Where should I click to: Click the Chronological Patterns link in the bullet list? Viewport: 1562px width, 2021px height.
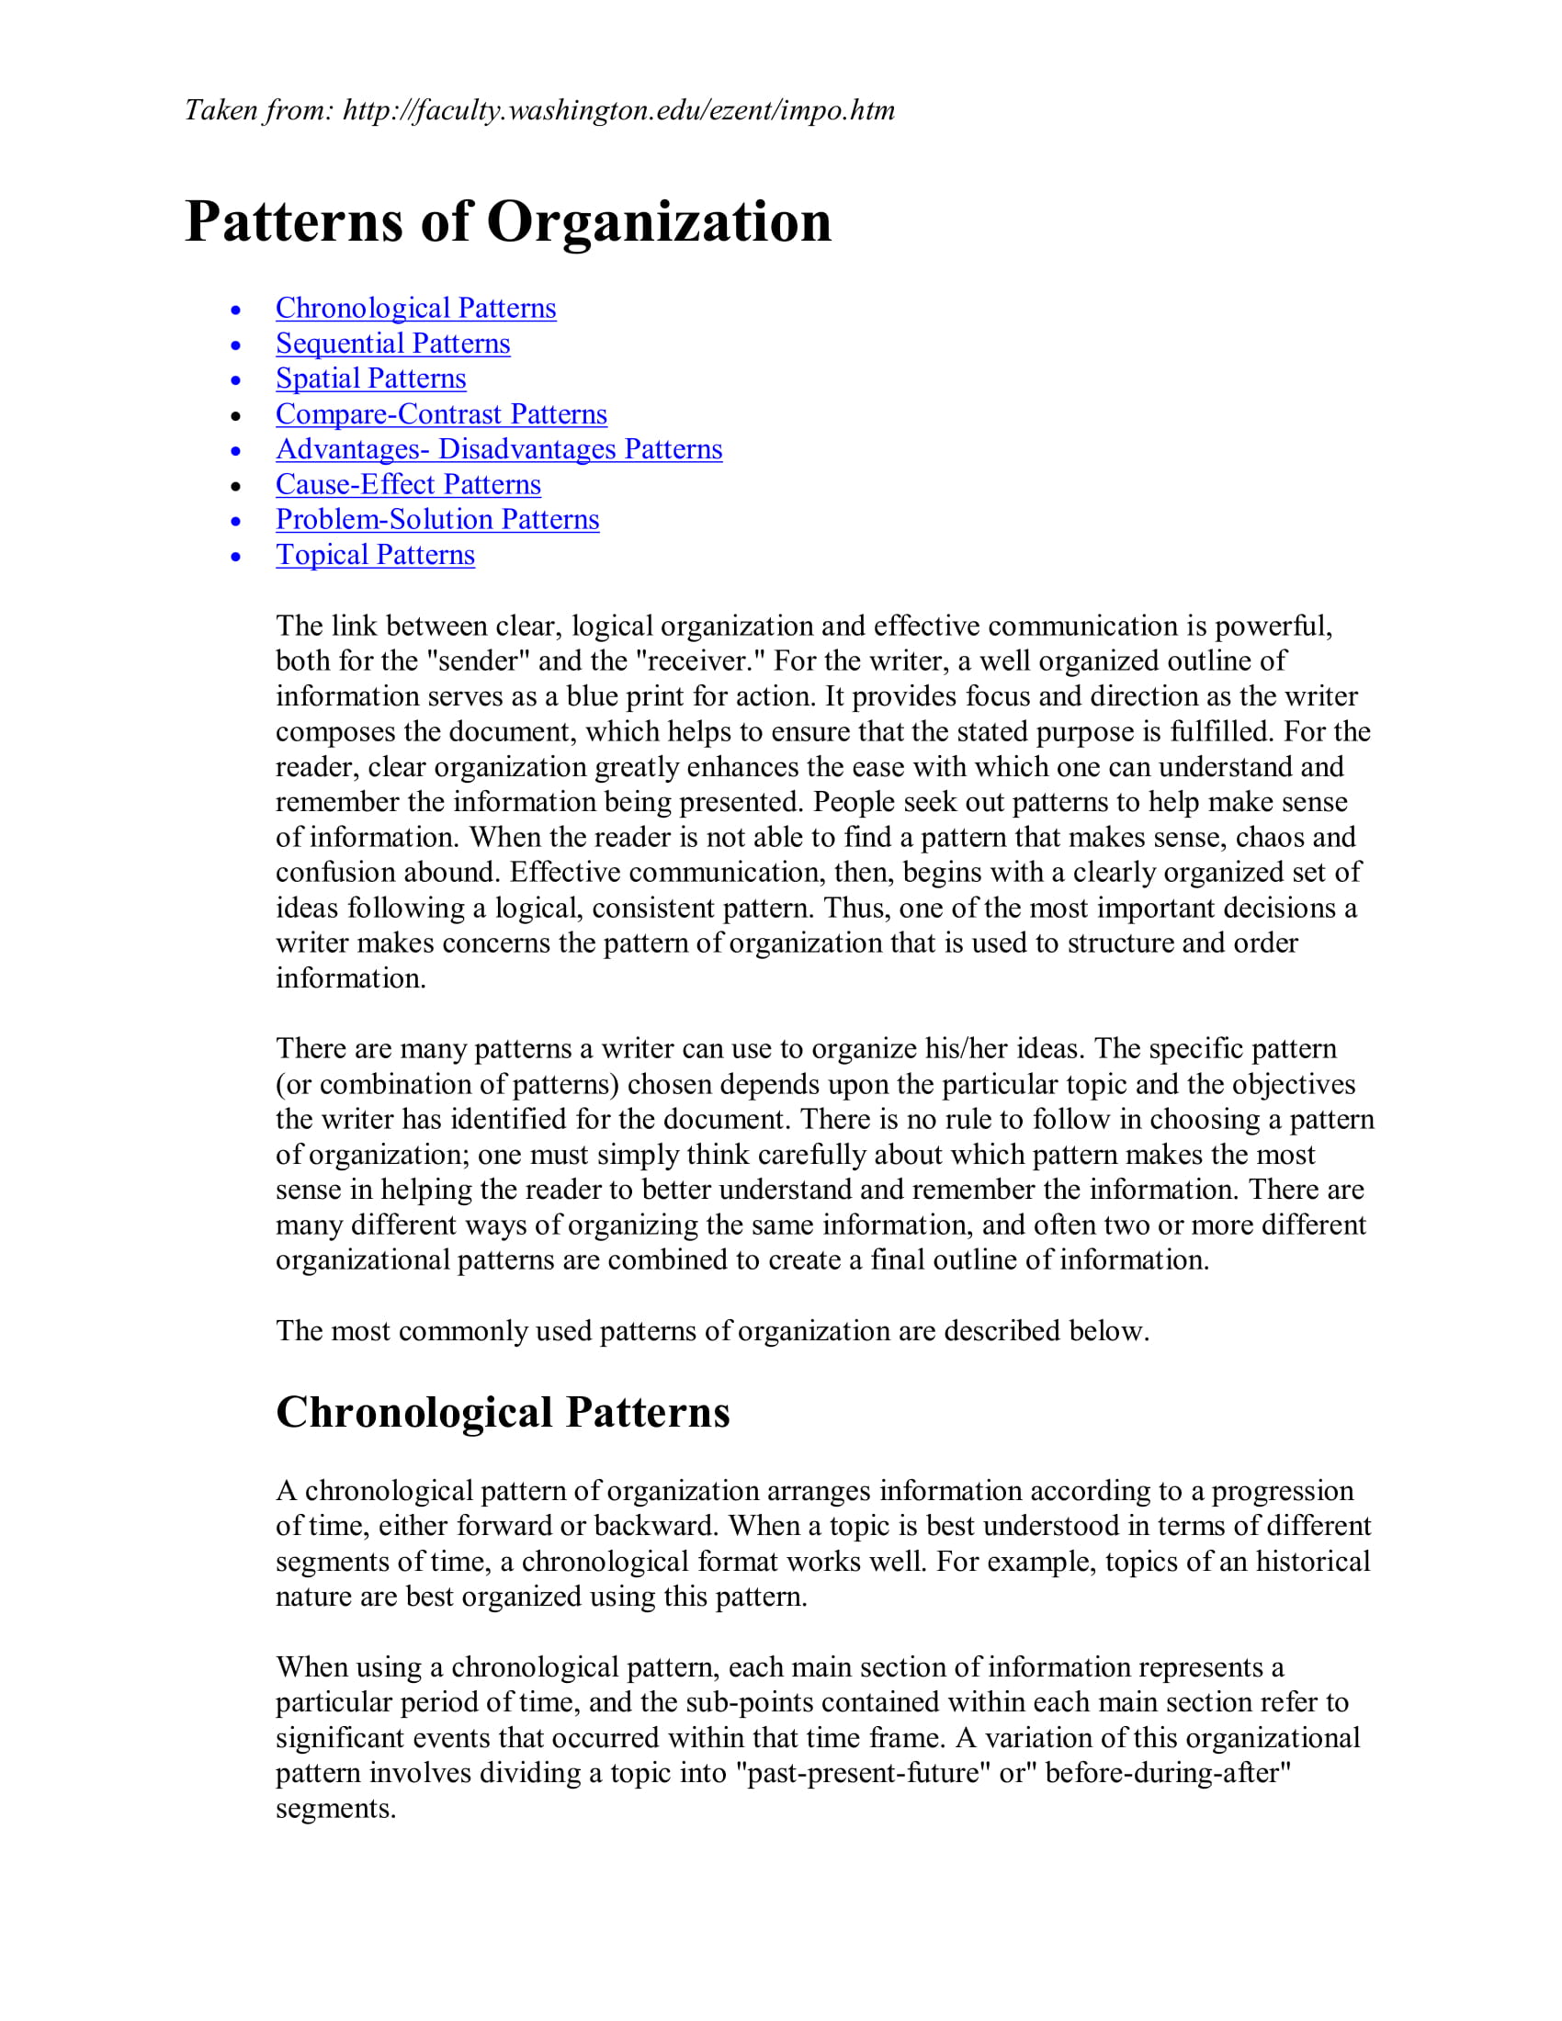pos(415,308)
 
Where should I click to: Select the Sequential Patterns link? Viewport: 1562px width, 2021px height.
pos(392,344)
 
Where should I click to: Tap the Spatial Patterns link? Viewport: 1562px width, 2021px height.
pos(370,378)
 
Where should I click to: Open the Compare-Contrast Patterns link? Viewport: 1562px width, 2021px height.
pos(440,413)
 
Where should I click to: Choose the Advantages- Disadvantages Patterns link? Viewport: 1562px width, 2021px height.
pos(498,449)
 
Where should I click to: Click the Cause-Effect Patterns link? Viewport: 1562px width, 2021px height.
pos(408,484)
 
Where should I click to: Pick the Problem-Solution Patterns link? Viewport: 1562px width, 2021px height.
pos(436,519)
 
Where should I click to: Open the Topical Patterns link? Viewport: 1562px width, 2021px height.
pos(375,554)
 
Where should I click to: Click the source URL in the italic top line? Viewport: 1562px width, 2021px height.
pos(618,110)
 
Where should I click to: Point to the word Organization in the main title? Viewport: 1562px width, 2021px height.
pos(658,222)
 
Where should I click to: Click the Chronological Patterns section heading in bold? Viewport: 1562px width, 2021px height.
pos(503,1413)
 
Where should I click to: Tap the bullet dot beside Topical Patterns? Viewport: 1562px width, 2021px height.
pos(236,556)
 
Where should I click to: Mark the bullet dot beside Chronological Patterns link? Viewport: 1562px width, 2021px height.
pos(236,310)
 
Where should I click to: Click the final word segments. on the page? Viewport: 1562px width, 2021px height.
pos(335,1808)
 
